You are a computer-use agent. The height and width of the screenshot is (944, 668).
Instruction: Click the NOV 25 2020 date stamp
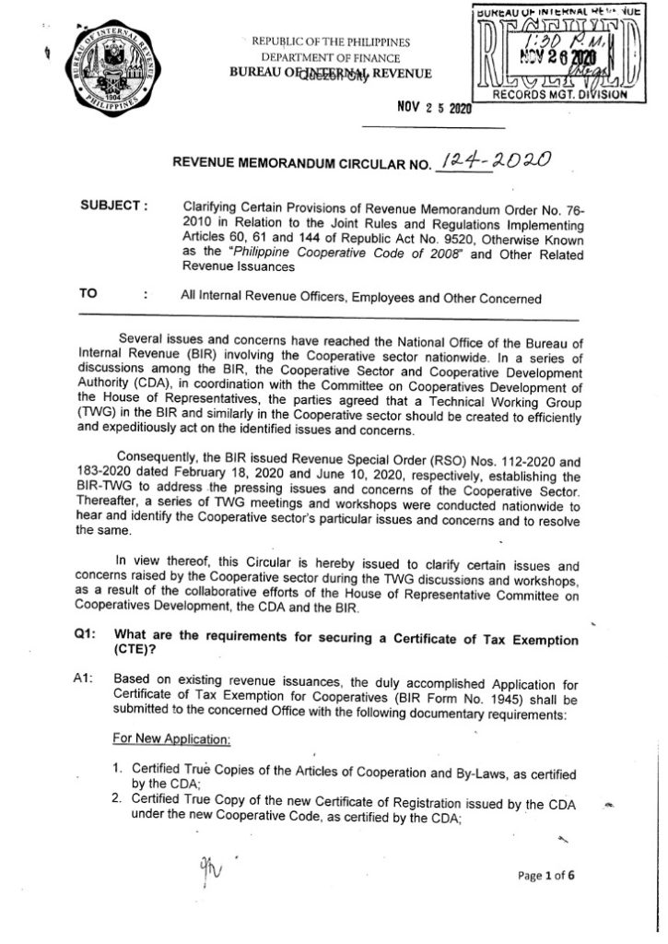click(x=434, y=108)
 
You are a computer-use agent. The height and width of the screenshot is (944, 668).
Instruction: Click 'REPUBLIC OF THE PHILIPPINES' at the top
click(x=333, y=42)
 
